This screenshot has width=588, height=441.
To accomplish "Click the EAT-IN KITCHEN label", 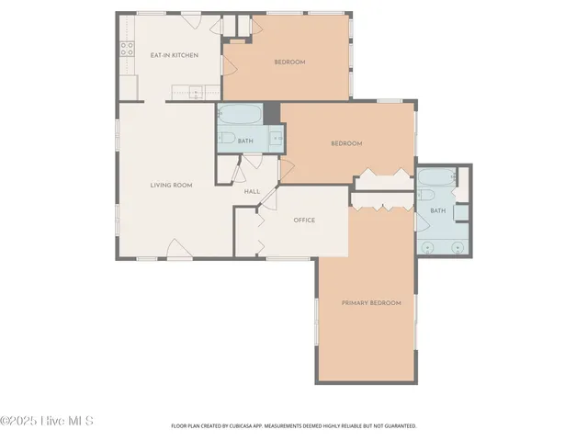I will (x=174, y=55).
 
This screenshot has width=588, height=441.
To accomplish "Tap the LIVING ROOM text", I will (x=171, y=186).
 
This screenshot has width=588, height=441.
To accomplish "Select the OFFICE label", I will (x=304, y=220).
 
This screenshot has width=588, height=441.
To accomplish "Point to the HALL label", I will (x=252, y=192).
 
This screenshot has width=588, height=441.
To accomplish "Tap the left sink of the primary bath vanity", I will (x=428, y=247).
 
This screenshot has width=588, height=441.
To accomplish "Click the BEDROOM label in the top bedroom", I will (x=289, y=62).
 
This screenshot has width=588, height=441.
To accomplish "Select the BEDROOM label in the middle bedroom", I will (x=346, y=143).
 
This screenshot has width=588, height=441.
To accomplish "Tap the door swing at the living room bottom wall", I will (x=178, y=248).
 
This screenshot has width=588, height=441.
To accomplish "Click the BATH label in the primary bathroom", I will (x=437, y=211).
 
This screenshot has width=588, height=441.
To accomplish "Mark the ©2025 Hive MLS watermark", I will (x=47, y=422).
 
